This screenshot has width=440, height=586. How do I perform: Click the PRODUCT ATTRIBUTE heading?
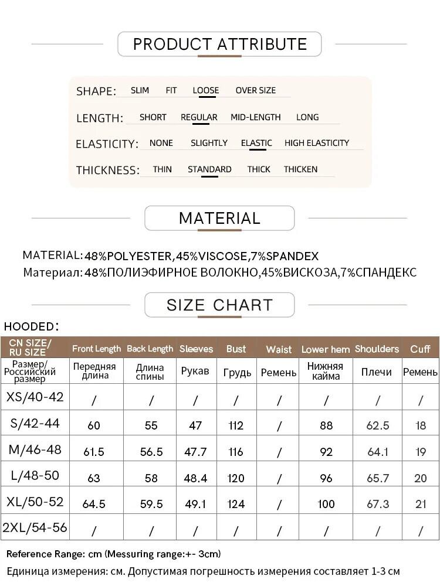[x=219, y=44]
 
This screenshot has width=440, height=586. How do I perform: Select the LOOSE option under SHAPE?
[x=205, y=90]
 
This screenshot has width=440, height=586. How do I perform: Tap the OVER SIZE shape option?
[x=255, y=90]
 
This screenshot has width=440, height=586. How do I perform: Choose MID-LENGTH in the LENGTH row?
[x=255, y=117]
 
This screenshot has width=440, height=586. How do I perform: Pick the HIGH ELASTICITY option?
[x=316, y=143]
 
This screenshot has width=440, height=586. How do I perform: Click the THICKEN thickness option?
[x=300, y=169]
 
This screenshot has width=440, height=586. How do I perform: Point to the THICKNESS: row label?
[x=107, y=171]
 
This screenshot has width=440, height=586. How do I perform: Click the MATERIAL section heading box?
[x=219, y=218]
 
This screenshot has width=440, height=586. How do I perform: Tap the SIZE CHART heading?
[x=219, y=305]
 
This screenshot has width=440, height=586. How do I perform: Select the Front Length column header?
[x=96, y=349]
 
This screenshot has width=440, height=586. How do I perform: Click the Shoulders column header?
[x=377, y=349]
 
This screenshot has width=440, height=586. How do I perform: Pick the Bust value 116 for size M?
[x=236, y=452]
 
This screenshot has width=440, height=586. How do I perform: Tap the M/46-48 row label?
[x=35, y=450]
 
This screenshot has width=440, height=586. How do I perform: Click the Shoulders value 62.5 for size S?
[x=378, y=426]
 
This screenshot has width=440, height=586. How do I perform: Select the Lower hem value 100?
[x=326, y=504]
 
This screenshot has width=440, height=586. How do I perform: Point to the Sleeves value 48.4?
[x=195, y=478]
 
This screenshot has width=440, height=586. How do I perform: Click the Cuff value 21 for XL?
[x=421, y=504]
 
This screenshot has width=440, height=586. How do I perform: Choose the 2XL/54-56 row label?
[x=35, y=527]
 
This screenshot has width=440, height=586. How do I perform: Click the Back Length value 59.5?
[x=151, y=504]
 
